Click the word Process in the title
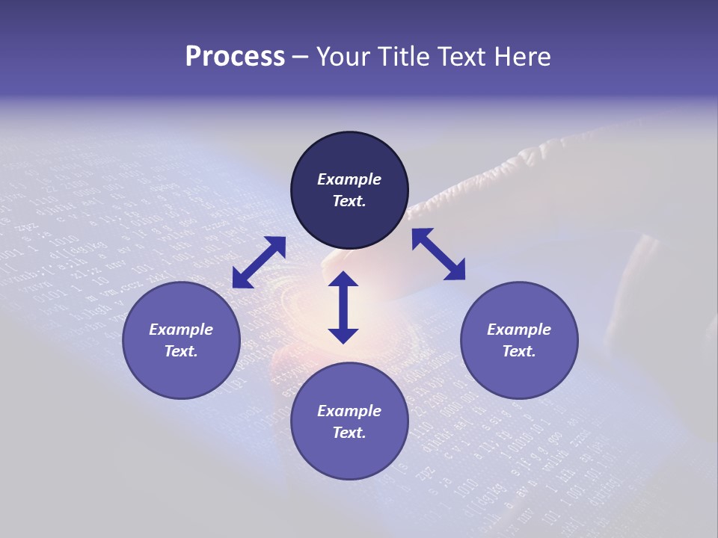click(x=235, y=57)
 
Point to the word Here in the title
click(x=522, y=57)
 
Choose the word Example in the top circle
click(x=349, y=179)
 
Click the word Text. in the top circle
click(x=349, y=201)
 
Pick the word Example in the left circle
click(x=181, y=330)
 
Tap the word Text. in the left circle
click(x=181, y=351)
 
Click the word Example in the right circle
click(x=519, y=330)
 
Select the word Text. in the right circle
click(x=519, y=351)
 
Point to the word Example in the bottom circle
click(x=349, y=411)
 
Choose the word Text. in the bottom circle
click(x=349, y=433)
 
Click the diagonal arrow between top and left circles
click(x=259, y=262)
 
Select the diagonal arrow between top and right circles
click(x=438, y=254)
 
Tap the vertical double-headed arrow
click(x=343, y=307)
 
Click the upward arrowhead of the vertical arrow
click(x=343, y=279)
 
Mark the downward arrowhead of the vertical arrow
click(x=343, y=336)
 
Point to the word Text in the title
click(x=464, y=57)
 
